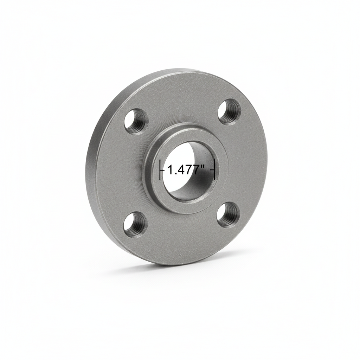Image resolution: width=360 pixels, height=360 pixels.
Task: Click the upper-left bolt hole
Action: (136, 121)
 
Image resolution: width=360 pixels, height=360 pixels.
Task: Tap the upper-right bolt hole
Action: (229, 111)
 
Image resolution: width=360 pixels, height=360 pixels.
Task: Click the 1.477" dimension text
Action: (186, 170)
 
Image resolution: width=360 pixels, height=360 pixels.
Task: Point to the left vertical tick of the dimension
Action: (161, 170)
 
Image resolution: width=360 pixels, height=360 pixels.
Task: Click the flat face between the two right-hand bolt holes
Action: (243, 162)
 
